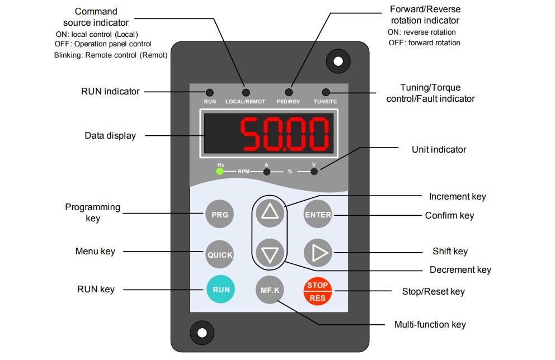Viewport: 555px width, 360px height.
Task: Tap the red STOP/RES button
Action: (317, 291)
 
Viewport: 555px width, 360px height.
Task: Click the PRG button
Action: (220, 214)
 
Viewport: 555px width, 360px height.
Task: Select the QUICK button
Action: (220, 254)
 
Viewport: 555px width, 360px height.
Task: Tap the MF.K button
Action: (270, 290)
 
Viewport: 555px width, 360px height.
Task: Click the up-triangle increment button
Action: (270, 212)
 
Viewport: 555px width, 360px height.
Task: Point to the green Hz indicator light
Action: (220, 171)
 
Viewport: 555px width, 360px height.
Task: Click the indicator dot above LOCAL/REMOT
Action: (246, 93)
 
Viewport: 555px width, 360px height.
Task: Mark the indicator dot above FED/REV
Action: (289, 92)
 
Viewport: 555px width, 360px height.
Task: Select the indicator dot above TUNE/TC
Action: (326, 92)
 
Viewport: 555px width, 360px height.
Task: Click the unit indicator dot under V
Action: (314, 172)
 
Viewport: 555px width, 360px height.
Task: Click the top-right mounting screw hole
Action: (338, 61)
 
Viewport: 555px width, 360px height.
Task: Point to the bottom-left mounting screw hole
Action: (202, 333)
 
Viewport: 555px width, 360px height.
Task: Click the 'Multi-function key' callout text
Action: (430, 324)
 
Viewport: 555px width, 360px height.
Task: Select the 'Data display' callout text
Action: (110, 135)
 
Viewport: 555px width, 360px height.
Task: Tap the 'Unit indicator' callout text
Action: (439, 149)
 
